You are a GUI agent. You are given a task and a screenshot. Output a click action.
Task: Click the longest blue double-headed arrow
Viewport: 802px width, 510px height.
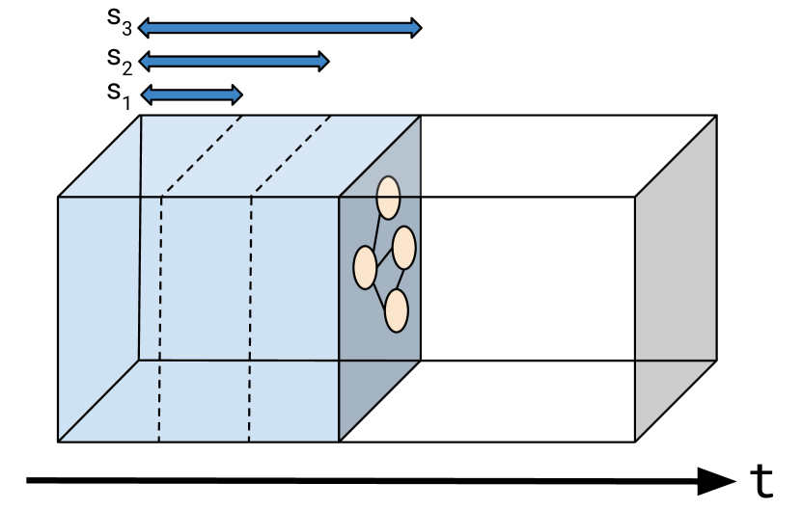pos(280,28)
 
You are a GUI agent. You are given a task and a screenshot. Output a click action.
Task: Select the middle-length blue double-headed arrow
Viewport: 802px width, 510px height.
pos(234,62)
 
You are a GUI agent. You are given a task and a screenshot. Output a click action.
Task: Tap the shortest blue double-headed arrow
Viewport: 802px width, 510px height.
pos(191,94)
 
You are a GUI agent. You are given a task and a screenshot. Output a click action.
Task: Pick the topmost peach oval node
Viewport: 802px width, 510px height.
pos(388,198)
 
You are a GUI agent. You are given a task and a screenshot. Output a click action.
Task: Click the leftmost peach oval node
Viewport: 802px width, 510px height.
pos(365,267)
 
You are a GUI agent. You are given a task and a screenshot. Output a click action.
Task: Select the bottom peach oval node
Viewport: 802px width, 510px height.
pos(396,310)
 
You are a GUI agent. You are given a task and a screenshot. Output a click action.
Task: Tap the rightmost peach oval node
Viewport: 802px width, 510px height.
pos(403,248)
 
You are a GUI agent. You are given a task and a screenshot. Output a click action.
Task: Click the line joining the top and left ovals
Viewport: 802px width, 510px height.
pos(375,233)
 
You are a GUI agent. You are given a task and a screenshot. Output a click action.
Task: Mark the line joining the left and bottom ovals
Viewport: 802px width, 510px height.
pos(379,288)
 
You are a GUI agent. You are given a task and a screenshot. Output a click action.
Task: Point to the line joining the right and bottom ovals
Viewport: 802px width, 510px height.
pos(401,279)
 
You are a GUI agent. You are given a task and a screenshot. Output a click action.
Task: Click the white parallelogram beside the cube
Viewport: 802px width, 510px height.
pos(540,156)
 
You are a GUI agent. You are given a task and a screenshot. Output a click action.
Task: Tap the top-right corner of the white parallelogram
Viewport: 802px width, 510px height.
pos(711,118)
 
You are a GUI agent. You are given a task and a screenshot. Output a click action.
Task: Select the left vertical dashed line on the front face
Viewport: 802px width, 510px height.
pos(160,318)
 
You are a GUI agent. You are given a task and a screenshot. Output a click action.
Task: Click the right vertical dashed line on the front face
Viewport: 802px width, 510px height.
pos(250,318)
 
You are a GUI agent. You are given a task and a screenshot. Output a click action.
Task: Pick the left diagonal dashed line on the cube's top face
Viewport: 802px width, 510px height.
pos(203,156)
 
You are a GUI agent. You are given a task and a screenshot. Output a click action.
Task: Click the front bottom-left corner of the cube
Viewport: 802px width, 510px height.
pos(59,441)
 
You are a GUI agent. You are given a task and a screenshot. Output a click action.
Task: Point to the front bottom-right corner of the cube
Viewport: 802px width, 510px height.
pos(339,441)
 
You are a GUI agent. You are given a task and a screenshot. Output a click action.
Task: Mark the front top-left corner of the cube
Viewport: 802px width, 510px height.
pos(59,198)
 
